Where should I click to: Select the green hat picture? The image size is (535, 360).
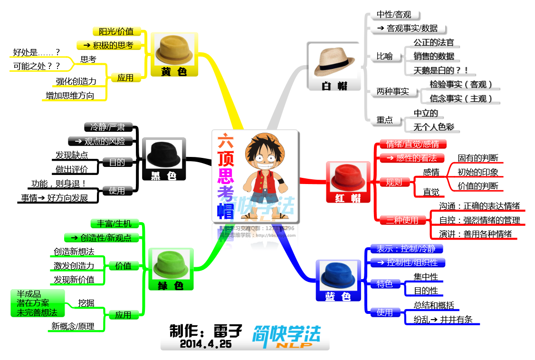pyautogui.click(x=171, y=265)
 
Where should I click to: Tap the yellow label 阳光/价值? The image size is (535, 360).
pyautogui.click(x=116, y=31)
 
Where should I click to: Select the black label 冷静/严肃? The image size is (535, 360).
pyautogui.click(x=108, y=127)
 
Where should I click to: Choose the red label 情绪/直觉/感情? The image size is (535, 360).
pyautogui.click(x=412, y=144)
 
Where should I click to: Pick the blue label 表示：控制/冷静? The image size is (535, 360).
pyautogui.click(x=406, y=249)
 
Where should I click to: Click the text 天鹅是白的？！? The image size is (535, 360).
pyautogui.click(x=440, y=70)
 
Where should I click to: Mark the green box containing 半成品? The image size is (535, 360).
pyautogui.click(x=38, y=303)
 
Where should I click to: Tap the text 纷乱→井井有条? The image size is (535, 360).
pyautogui.click(x=443, y=320)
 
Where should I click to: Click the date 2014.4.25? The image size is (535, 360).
pyautogui.click(x=205, y=344)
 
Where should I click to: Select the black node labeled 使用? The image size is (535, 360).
pyautogui.click(x=117, y=191)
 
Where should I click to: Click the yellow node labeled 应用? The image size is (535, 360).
pyautogui.click(x=125, y=78)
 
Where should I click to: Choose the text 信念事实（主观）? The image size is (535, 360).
pyautogui.click(x=460, y=99)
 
